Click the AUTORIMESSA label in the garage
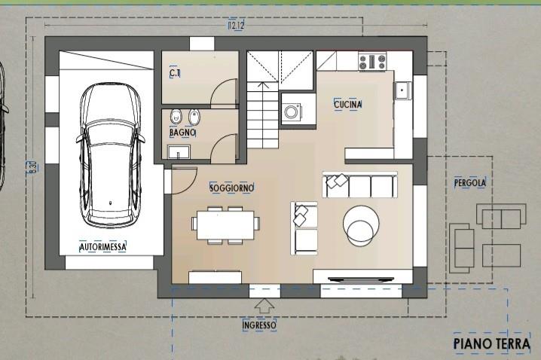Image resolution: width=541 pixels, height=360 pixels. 102,247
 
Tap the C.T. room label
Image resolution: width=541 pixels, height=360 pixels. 175,73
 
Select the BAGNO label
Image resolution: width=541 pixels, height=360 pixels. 182,133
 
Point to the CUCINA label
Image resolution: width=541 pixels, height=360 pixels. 348,104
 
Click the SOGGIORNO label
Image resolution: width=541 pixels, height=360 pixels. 232,188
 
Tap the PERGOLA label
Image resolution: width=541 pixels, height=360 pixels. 470,183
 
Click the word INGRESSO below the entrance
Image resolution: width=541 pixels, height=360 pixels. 259,325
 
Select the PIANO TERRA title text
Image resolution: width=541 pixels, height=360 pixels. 492,343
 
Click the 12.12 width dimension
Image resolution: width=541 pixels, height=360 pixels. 236,25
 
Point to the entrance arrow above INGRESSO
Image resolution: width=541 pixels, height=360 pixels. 264,306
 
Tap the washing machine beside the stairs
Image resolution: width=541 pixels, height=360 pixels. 292,111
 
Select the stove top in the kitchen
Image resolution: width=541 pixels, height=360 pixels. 372,62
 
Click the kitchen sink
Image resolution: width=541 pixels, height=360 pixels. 402,90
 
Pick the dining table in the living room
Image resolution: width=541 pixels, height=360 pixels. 225,224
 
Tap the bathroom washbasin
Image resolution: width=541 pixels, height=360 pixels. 179,152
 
